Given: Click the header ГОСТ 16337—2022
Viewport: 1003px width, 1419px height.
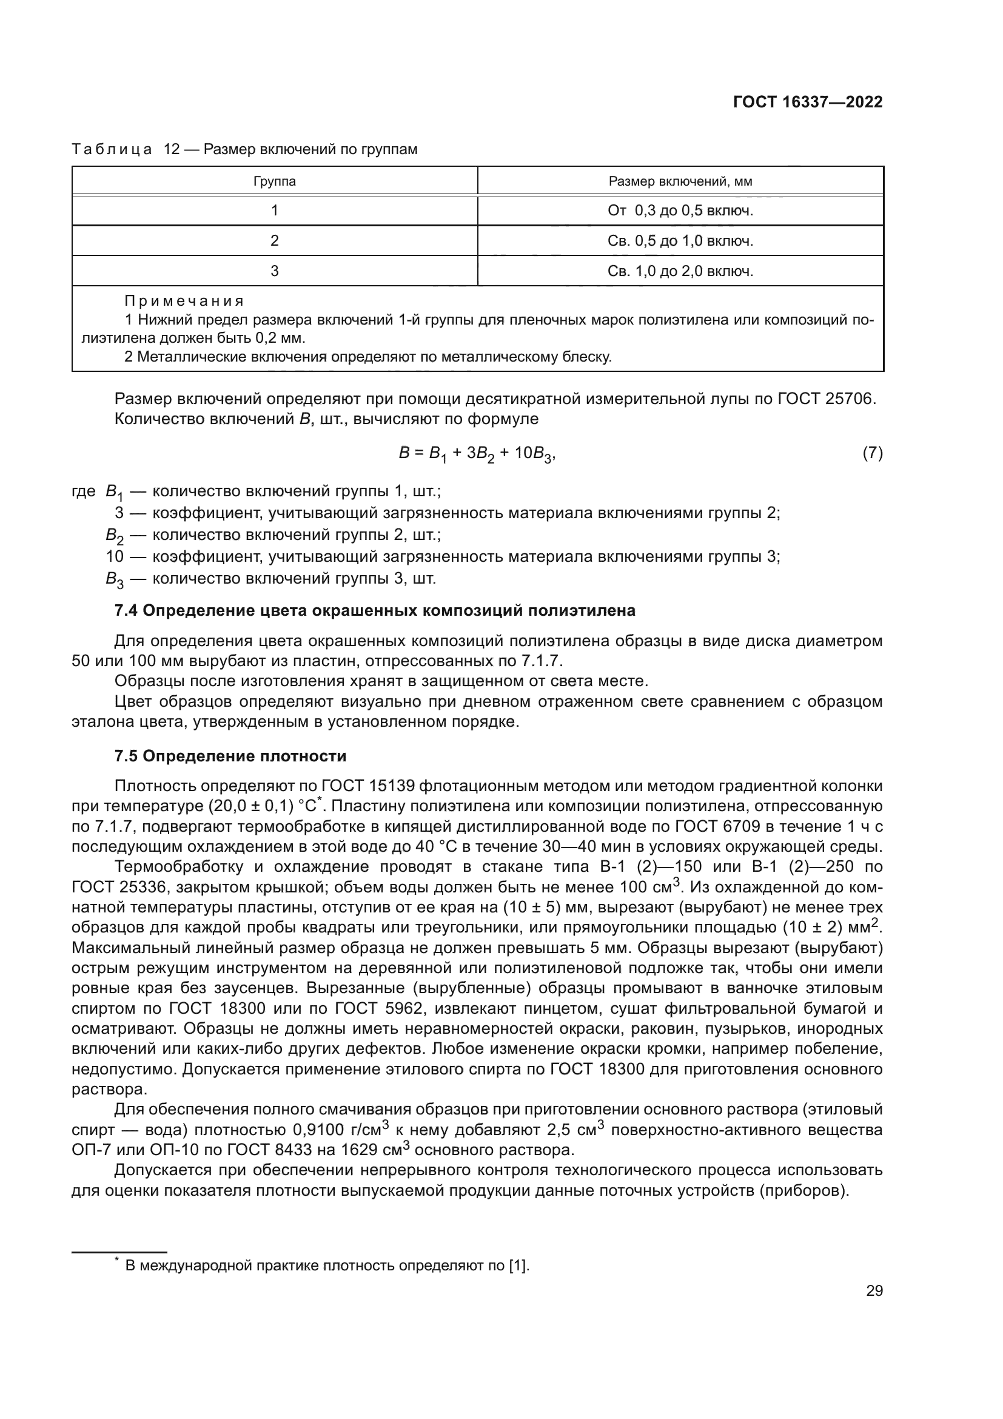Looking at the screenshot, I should pyautogui.click(x=807, y=102).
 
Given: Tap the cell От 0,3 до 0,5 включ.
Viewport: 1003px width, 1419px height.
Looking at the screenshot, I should pyautogui.click(x=680, y=211).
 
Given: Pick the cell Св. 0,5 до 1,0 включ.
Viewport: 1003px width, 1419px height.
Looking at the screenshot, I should pyautogui.click(x=680, y=241).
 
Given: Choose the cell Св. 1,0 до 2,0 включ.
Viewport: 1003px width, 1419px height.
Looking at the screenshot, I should pyautogui.click(x=680, y=271).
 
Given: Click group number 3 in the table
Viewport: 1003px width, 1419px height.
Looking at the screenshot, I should pyautogui.click(x=274, y=271).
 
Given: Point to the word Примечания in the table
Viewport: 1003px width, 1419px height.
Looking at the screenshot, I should pyautogui.click(x=184, y=302).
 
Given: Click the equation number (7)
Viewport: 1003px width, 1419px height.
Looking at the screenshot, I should pyautogui.click(x=872, y=453).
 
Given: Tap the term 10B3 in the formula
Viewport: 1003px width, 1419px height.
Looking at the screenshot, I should pyautogui.click(x=534, y=454).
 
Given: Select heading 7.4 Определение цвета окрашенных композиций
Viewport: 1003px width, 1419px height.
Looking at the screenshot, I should pyautogui.click(x=375, y=611).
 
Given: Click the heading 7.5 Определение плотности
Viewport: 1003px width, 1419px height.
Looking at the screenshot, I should pyautogui.click(x=230, y=757).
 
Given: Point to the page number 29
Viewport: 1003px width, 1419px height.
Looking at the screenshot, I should pyautogui.click(x=874, y=1291).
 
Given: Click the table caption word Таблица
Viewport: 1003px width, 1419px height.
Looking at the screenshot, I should pyautogui.click(x=112, y=150).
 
